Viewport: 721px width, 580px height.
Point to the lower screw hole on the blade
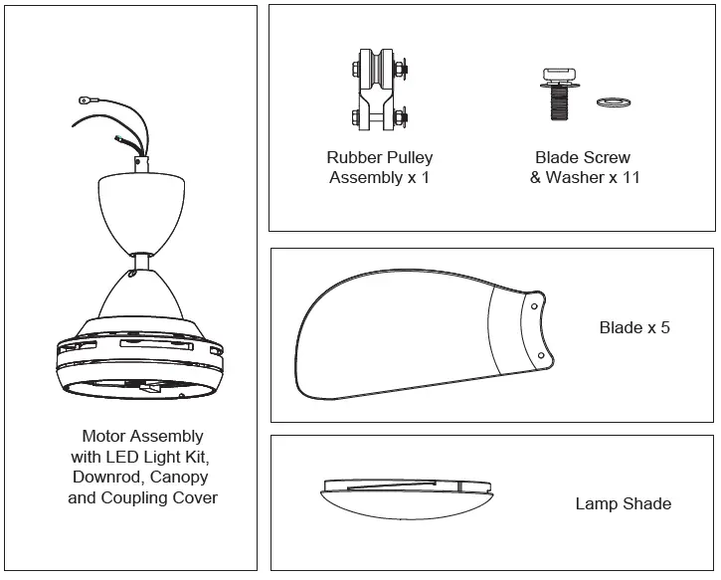point(540,355)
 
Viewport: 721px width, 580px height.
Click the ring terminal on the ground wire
point(85,99)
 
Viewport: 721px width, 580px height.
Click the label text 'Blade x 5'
point(634,327)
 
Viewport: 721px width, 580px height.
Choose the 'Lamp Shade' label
point(623,503)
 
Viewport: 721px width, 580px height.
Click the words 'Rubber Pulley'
point(379,157)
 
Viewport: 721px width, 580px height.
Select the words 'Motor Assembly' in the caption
point(142,436)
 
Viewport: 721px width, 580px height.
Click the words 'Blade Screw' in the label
point(582,157)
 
